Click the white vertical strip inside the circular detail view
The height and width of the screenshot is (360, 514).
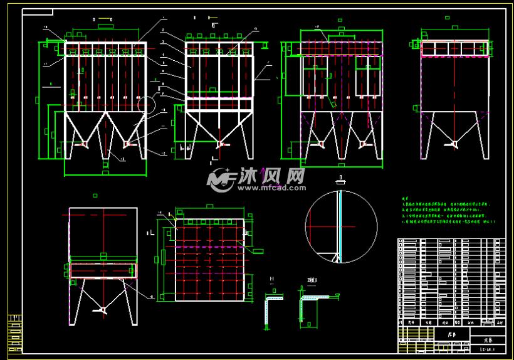click(x=339, y=223)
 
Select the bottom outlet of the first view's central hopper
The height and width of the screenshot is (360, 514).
click(x=106, y=164)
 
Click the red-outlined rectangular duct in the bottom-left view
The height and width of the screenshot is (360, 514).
click(x=102, y=270)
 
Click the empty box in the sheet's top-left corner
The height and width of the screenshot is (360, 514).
click(x=38, y=12)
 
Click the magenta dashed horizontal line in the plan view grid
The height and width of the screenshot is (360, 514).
click(x=209, y=247)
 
